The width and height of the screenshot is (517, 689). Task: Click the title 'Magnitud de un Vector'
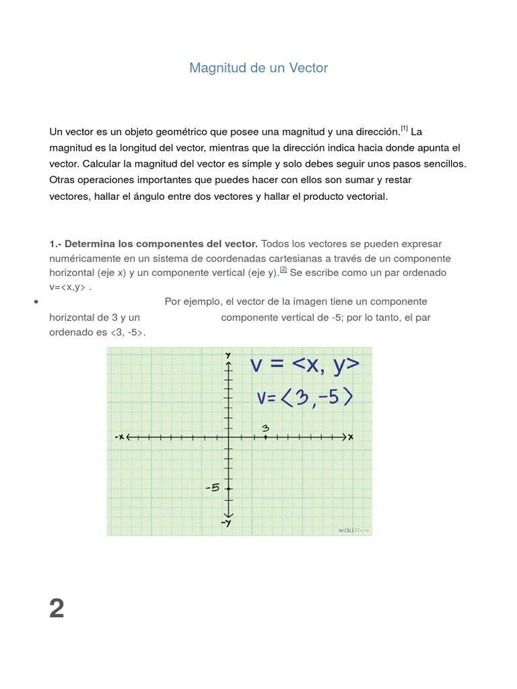pos(258,68)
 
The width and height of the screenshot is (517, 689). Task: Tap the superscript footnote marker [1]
pos(404,128)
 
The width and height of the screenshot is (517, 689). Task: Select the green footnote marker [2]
pos(283,270)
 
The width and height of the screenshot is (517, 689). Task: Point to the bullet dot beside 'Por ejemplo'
pos(34,302)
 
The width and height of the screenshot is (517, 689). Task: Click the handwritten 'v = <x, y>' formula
pos(305,365)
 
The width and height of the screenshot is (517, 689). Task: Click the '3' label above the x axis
pos(266,428)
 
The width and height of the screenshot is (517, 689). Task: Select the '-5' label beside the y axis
pos(213,488)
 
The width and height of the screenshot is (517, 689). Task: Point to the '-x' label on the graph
pos(119,437)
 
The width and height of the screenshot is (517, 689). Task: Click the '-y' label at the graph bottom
pos(229,523)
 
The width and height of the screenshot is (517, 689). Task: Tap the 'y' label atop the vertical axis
pos(229,355)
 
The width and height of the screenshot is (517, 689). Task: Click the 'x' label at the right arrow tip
pos(351,437)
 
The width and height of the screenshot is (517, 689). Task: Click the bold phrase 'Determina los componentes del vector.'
pos(160,244)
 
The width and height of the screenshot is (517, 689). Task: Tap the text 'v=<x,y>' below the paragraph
pos(69,287)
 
